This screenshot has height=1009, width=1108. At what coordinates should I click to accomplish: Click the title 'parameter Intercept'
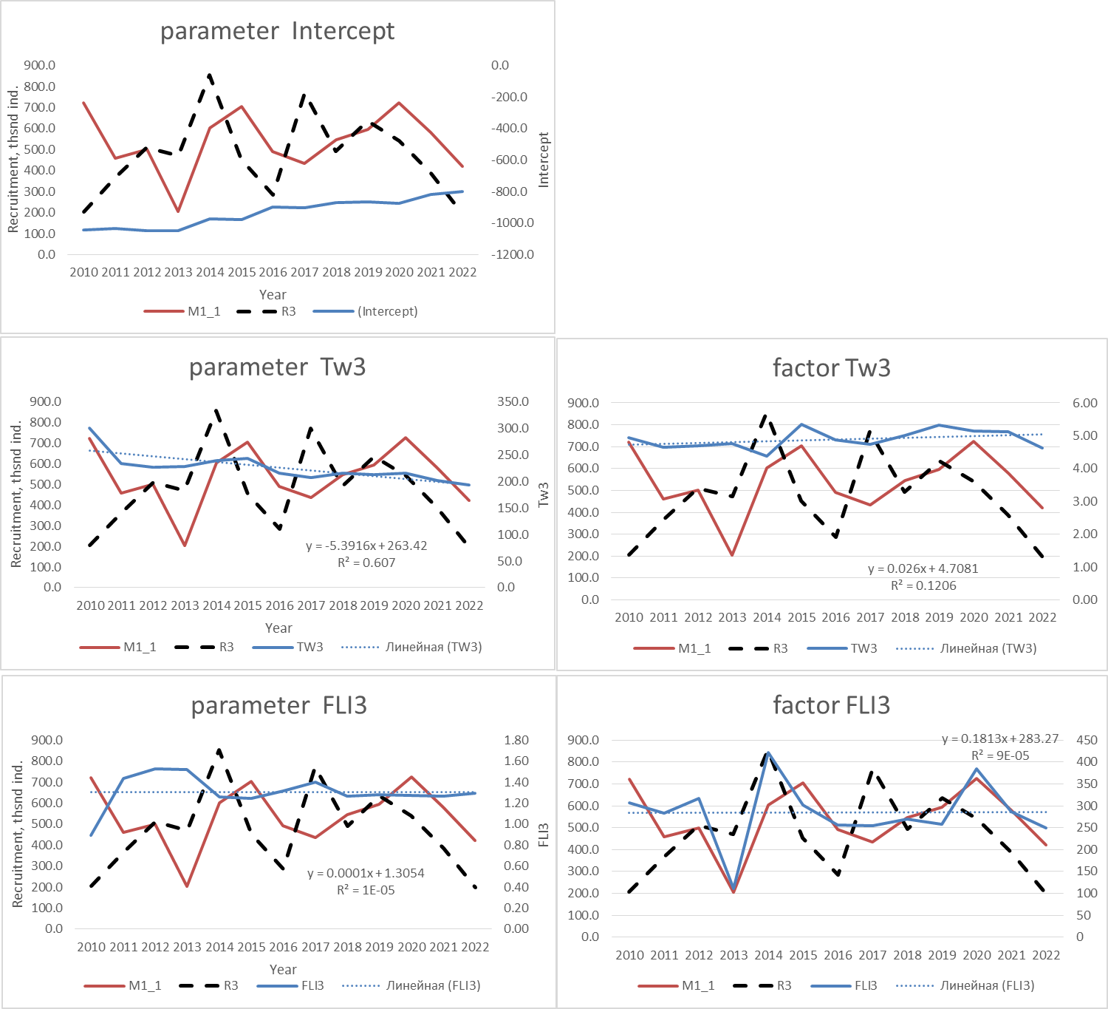[277, 31]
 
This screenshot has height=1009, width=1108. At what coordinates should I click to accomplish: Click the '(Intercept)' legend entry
[387, 311]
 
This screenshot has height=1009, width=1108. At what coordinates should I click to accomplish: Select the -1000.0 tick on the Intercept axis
[512, 222]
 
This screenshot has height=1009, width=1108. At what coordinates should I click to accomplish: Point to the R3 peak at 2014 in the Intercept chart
[211, 75]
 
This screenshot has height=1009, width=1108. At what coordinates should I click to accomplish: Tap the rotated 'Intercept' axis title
[544, 160]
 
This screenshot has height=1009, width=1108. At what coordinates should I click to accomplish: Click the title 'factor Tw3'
[831, 367]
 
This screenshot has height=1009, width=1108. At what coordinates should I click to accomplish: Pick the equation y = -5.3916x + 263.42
[366, 546]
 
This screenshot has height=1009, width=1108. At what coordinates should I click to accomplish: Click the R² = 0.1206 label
[923, 585]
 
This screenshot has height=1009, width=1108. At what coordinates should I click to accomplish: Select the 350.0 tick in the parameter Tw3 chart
[513, 401]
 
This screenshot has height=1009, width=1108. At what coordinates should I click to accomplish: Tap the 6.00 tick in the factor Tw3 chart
[1084, 403]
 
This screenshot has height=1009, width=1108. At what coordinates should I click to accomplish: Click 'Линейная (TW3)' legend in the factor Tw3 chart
[988, 648]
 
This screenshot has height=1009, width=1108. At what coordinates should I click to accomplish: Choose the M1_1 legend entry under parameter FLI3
[144, 985]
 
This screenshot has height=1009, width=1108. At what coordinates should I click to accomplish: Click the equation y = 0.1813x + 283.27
[999, 738]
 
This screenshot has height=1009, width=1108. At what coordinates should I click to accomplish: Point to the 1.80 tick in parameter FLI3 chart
[516, 740]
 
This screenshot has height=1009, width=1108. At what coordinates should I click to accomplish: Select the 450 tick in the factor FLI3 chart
[1087, 740]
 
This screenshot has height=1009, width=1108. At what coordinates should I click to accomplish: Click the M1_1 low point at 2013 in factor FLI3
[733, 892]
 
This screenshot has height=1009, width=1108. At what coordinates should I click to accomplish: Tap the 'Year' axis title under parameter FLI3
[283, 969]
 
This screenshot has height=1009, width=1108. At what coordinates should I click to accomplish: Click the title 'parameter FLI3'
[278, 705]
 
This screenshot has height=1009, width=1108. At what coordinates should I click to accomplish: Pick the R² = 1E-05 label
[366, 890]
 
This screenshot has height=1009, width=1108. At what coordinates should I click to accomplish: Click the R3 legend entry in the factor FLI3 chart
[783, 985]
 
